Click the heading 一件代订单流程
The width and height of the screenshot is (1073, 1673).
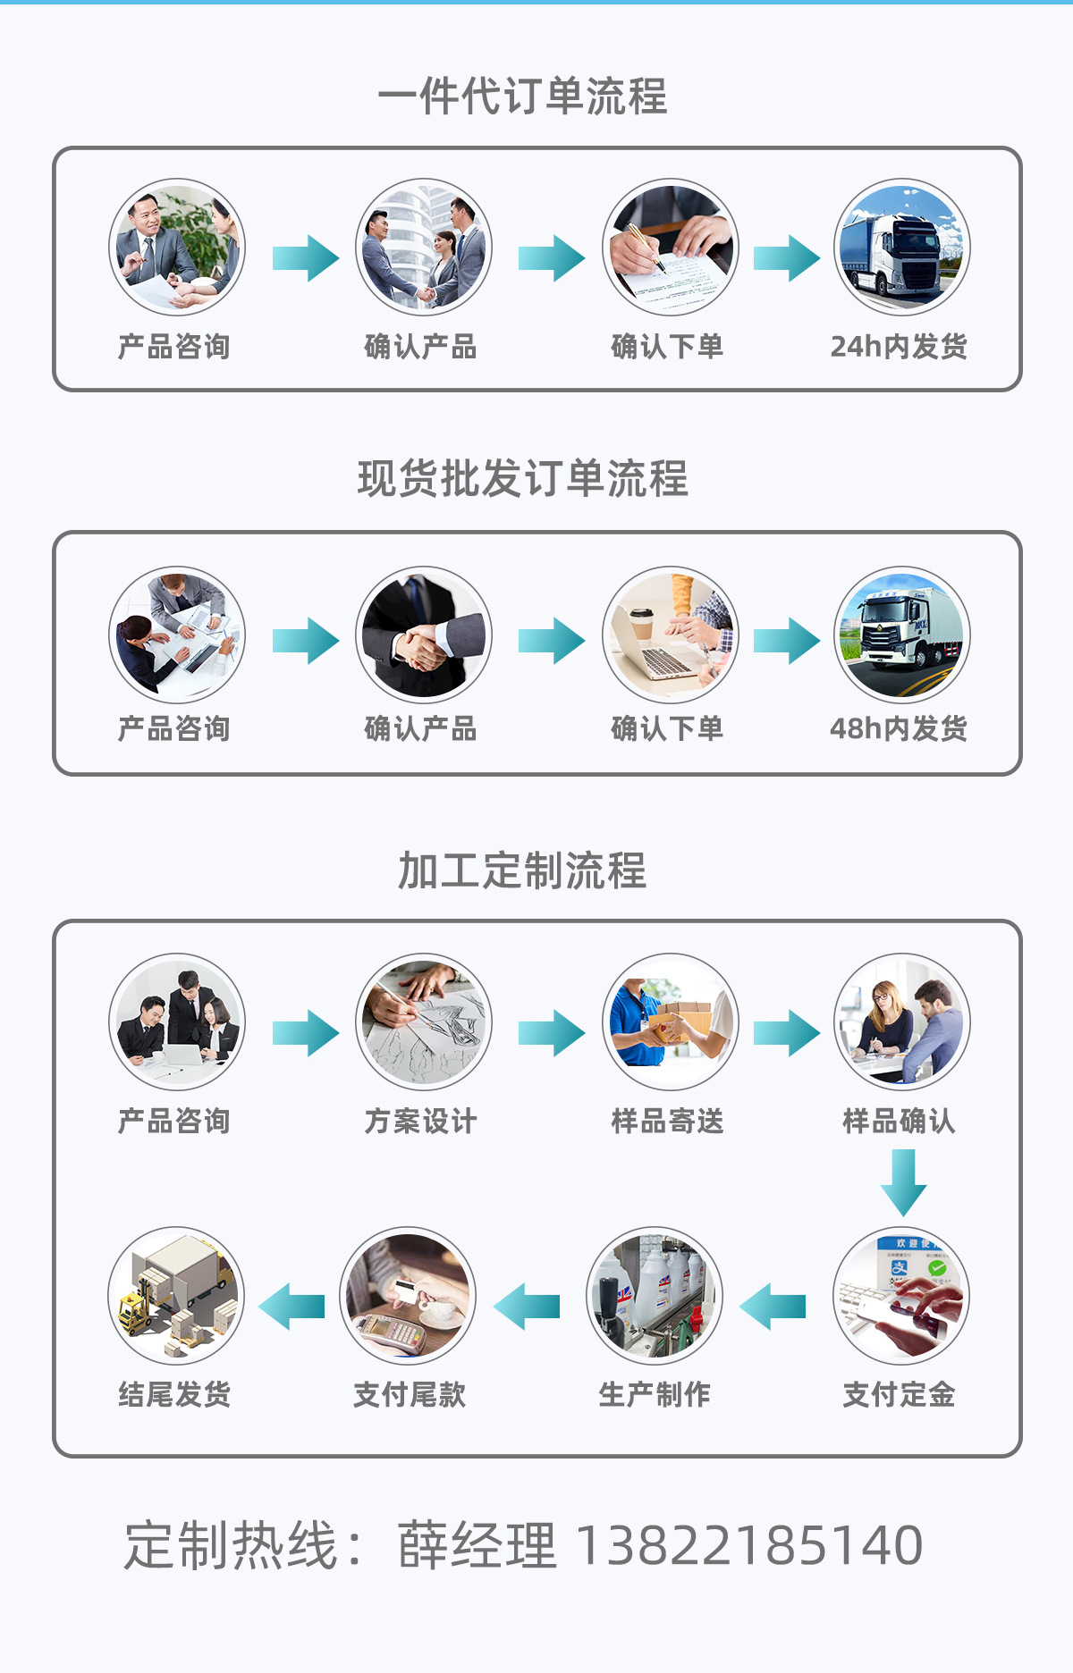(522, 96)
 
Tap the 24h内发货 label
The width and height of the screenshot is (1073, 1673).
(899, 346)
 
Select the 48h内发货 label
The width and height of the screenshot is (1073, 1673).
(899, 728)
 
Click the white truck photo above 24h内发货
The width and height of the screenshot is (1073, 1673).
(901, 248)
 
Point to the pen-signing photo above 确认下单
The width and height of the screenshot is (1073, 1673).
(670, 248)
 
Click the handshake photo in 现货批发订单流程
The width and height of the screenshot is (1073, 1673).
(423, 635)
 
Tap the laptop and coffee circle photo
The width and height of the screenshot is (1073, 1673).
(670, 635)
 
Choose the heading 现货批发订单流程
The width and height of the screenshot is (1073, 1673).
(522, 478)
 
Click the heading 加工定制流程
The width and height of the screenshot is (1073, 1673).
(522, 870)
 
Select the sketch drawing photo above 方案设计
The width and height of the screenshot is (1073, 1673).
(423, 1021)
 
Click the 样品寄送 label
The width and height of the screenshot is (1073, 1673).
(667, 1121)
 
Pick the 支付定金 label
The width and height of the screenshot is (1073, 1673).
(899, 1394)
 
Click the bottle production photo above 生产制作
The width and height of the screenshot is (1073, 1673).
(655, 1295)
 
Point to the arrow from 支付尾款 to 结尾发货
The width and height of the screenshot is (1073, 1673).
(291, 1307)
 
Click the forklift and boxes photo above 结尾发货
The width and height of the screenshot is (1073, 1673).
(175, 1295)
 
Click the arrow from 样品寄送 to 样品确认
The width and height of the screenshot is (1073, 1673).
(786, 1033)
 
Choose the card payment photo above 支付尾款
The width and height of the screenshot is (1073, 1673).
(408, 1295)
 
